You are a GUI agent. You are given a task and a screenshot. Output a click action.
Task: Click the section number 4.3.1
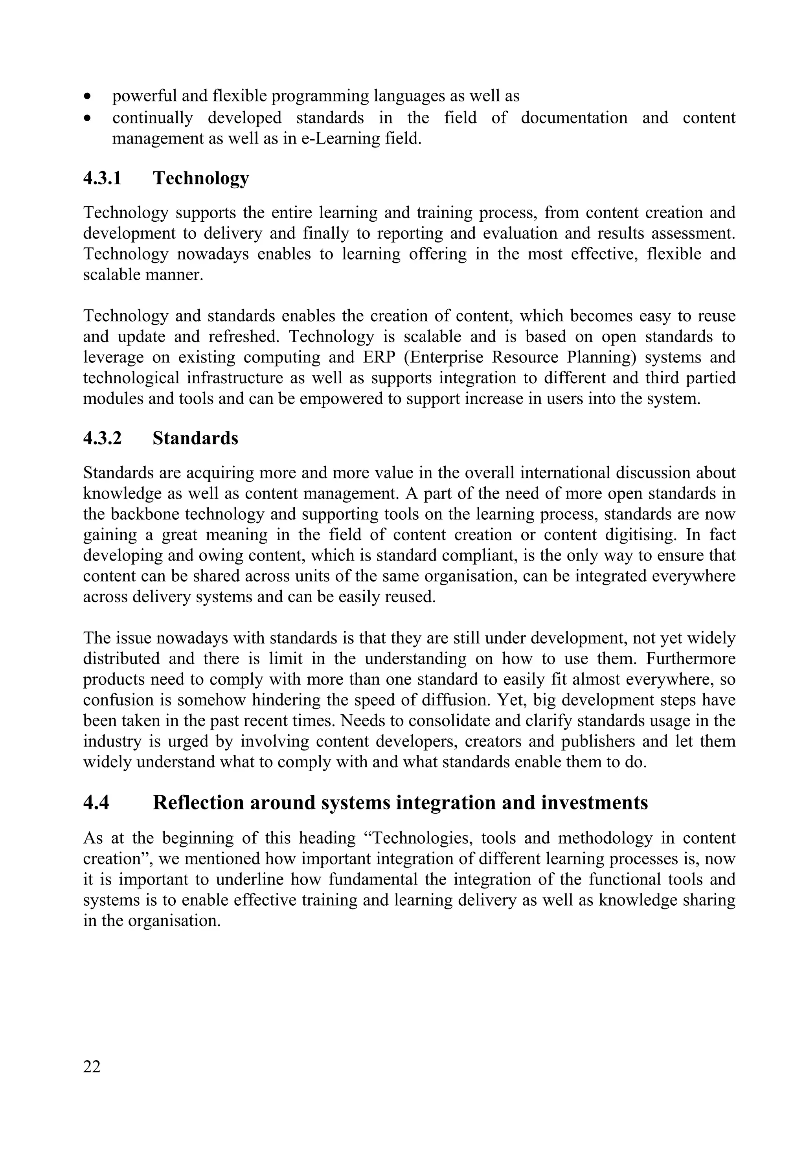(102, 178)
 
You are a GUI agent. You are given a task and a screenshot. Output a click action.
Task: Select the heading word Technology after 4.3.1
(201, 178)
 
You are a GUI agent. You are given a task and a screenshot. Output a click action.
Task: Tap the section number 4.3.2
(102, 438)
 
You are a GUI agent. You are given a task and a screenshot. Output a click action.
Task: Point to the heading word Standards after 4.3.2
(195, 438)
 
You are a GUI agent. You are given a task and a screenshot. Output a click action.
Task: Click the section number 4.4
(96, 802)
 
